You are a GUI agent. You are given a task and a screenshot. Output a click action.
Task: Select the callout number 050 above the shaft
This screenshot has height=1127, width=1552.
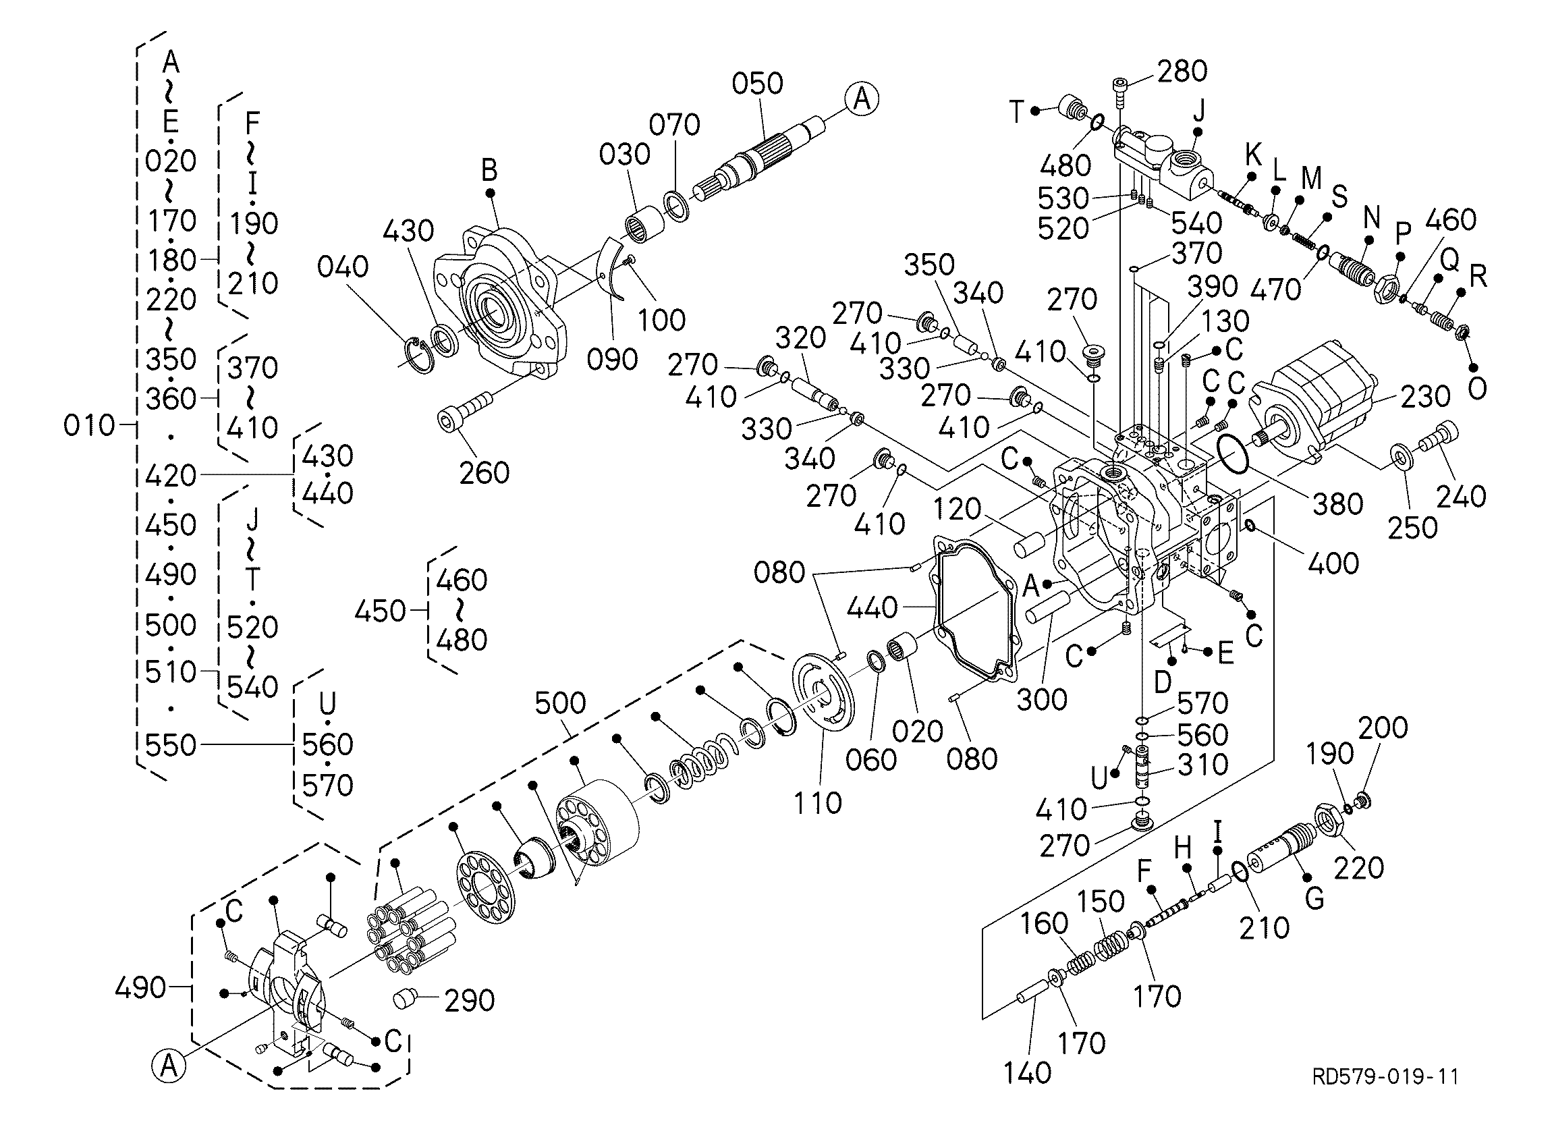758,84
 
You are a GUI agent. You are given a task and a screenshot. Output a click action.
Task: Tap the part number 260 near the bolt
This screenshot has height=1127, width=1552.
484,473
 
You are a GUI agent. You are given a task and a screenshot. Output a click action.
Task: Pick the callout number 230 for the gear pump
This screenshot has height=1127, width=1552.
1426,396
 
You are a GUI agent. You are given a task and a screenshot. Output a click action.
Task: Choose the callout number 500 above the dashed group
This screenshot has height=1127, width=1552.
561,703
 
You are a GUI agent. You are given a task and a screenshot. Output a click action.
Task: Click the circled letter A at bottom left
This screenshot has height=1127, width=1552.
169,1066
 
